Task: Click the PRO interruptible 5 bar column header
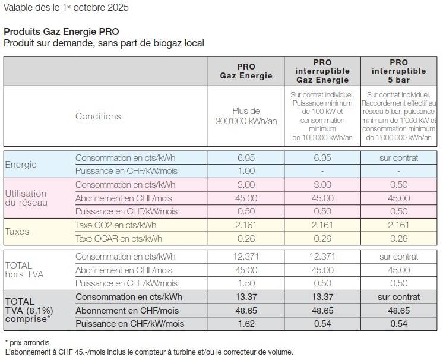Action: coord(398,71)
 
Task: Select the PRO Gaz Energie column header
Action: coord(246,71)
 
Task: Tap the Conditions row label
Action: coord(98,116)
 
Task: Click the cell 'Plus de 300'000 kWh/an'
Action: coord(246,116)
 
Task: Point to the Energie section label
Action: coord(21,165)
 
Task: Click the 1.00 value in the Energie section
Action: coord(246,171)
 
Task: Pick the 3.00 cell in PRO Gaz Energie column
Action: coord(246,185)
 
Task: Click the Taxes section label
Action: coord(17,232)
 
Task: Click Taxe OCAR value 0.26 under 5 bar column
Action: coord(398,238)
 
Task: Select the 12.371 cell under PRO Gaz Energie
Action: coord(246,257)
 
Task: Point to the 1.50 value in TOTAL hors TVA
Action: coord(246,283)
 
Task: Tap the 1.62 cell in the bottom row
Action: coord(246,324)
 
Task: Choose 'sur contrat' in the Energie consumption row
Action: coord(398,158)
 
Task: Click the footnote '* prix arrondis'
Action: coord(27,343)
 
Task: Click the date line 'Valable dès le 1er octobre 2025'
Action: coord(65,8)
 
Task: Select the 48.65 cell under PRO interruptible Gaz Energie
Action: coord(322,311)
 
